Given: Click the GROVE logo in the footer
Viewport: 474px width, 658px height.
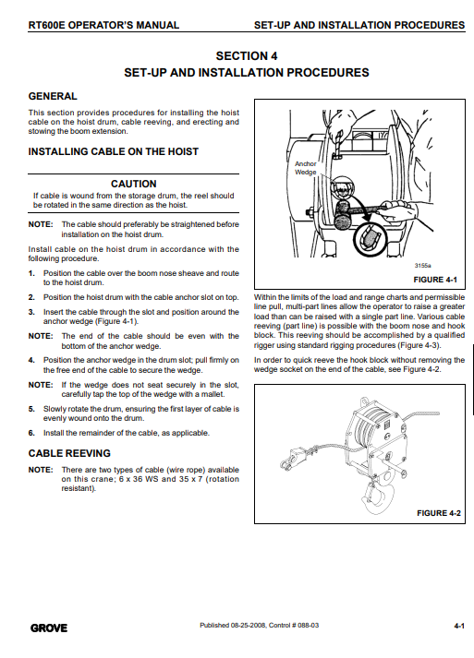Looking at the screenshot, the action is [49, 628].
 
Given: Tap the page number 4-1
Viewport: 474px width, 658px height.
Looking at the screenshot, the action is [459, 626].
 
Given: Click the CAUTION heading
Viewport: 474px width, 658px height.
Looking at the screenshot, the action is [134, 184].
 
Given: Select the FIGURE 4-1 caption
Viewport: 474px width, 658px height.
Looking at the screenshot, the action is [435, 280].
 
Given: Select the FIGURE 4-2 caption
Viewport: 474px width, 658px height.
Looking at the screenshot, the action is [439, 513].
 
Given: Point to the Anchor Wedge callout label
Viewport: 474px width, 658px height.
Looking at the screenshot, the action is [306, 168].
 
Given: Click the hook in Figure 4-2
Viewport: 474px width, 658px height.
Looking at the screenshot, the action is [379, 496].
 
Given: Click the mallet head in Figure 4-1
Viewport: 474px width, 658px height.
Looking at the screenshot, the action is [344, 211].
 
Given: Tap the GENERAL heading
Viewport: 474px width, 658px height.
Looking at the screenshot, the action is [53, 96].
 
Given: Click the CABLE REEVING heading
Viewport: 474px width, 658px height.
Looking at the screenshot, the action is [69, 453].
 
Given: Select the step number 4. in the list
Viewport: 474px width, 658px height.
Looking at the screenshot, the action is [31, 360].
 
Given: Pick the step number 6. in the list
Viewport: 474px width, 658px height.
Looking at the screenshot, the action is [31, 433].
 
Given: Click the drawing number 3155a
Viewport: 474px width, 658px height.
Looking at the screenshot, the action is [423, 266].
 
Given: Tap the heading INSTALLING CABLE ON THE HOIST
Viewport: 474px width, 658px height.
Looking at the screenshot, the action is [113, 151].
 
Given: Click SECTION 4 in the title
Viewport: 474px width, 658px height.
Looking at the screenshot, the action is [247, 55].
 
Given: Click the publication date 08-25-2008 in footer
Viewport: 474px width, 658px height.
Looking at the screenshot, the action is [249, 626].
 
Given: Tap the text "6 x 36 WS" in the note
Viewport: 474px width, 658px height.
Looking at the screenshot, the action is [139, 479].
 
